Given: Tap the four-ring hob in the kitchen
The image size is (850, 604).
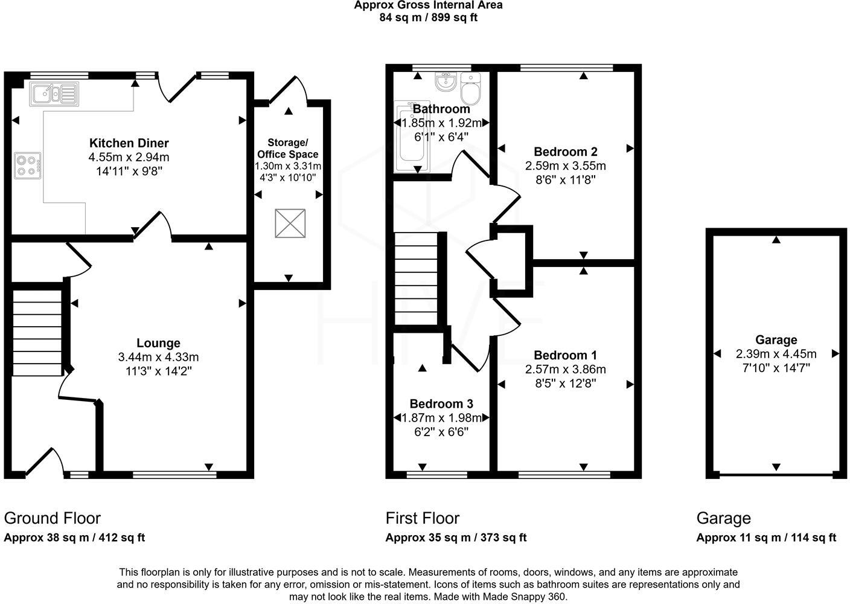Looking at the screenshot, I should point(28,165).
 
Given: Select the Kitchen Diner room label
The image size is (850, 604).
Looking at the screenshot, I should point(129,143).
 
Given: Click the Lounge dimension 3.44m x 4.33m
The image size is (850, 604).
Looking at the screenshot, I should point(158,357).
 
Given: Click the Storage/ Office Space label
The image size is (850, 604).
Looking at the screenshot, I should point(287,148).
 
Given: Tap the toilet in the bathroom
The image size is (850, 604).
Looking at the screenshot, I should point(469,89).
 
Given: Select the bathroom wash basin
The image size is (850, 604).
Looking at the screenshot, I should point(446,82).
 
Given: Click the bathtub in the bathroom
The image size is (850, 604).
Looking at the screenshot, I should point(412,138).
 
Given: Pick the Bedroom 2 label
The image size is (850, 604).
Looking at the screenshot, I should point(565,152).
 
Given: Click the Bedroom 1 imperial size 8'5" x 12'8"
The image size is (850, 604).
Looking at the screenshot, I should point(565,382).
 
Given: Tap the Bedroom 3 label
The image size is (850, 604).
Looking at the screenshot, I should point(441,403).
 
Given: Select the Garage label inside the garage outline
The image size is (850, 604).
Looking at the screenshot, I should point(776,339).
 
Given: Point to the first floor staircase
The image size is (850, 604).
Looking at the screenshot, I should point(416,279).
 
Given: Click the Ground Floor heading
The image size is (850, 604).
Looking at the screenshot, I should point(53,518).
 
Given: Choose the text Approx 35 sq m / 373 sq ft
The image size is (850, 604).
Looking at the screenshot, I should point(456,538).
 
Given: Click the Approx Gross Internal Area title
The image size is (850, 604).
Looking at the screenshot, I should point(428,5).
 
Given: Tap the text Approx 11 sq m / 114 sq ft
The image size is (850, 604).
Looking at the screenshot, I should point(766,538).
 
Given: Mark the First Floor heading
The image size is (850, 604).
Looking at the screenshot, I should point(423,518).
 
